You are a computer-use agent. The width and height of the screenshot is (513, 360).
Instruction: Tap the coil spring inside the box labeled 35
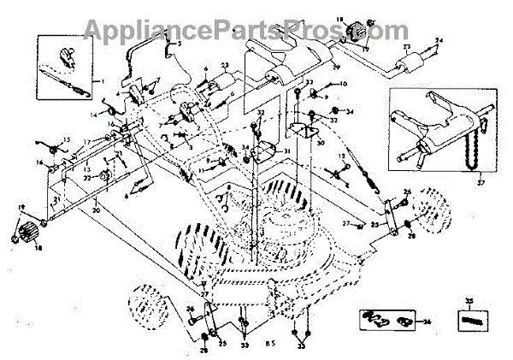[x=468, y=322]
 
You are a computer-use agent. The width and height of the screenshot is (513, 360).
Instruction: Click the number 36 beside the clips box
[x=427, y=322]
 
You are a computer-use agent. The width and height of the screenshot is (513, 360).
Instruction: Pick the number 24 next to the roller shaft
[x=439, y=41]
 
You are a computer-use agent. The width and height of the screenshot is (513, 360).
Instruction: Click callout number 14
[x=92, y=113]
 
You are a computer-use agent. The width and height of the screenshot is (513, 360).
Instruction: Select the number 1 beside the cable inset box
[x=103, y=81]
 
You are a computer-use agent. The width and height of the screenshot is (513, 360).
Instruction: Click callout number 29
[x=336, y=66]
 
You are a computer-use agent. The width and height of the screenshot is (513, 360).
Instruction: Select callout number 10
[x=343, y=84]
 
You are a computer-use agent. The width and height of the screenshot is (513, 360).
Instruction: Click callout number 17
[x=86, y=141]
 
